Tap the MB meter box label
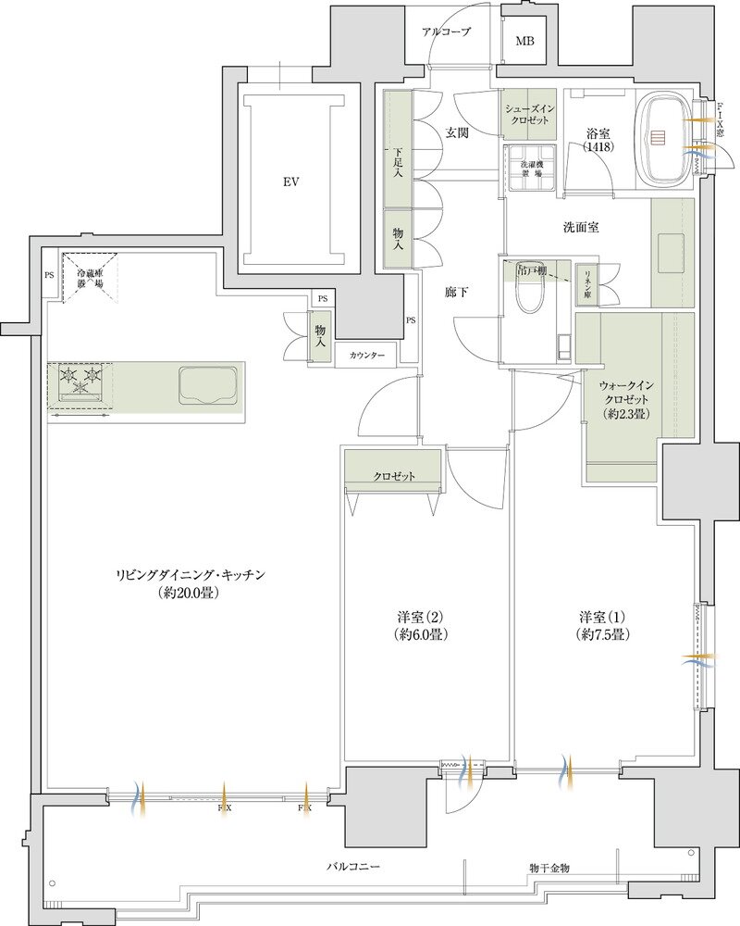524,42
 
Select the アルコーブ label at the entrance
446,31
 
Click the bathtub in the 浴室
666,138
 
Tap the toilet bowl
530,295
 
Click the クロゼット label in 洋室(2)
394,476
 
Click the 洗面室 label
581,227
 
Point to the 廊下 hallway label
456,293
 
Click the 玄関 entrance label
457,132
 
